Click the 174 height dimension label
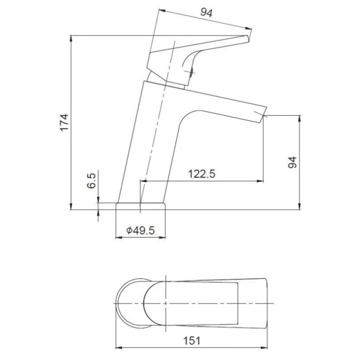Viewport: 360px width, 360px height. coord(65,122)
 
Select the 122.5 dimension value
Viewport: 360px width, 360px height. coord(202,174)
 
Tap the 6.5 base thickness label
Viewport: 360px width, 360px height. coord(91,181)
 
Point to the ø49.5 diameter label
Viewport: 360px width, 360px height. coord(140,230)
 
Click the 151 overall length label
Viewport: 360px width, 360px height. coord(192,341)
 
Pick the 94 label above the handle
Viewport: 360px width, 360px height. coord(206,13)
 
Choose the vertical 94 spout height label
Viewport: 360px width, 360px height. coord(292,163)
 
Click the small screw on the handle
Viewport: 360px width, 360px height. coord(191,72)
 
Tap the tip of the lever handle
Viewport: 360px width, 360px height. coord(248,38)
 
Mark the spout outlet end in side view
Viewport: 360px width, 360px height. coord(263,115)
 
